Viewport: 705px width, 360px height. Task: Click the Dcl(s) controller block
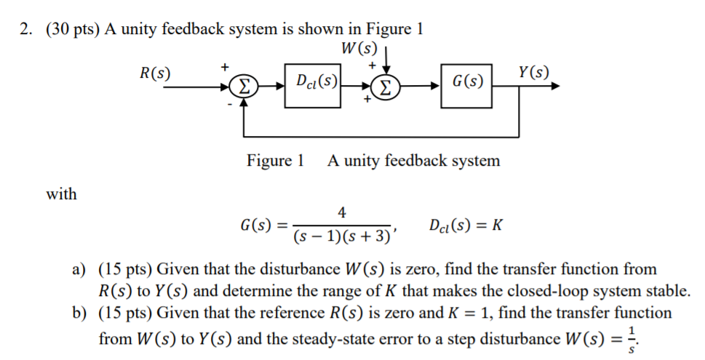click(313, 87)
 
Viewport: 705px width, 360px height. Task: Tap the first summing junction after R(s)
click(244, 88)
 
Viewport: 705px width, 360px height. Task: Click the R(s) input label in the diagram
click(156, 73)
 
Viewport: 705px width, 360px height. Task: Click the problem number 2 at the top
click(27, 29)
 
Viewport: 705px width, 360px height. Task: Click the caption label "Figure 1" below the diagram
click(275, 161)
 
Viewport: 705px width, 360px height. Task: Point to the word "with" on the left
click(61, 194)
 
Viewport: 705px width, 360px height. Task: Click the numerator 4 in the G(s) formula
click(343, 212)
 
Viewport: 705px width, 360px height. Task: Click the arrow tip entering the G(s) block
click(439, 88)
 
